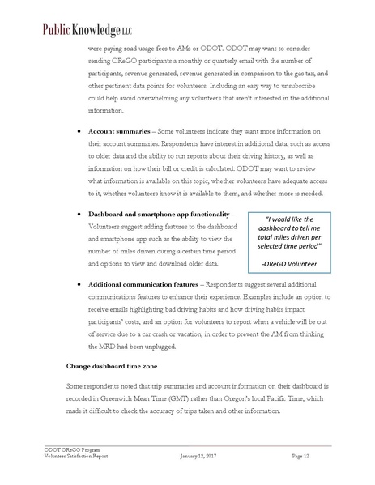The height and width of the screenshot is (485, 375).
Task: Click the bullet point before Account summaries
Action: pyautogui.click(x=77, y=130)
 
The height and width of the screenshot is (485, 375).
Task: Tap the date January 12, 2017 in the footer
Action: pyautogui.click(x=199, y=457)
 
